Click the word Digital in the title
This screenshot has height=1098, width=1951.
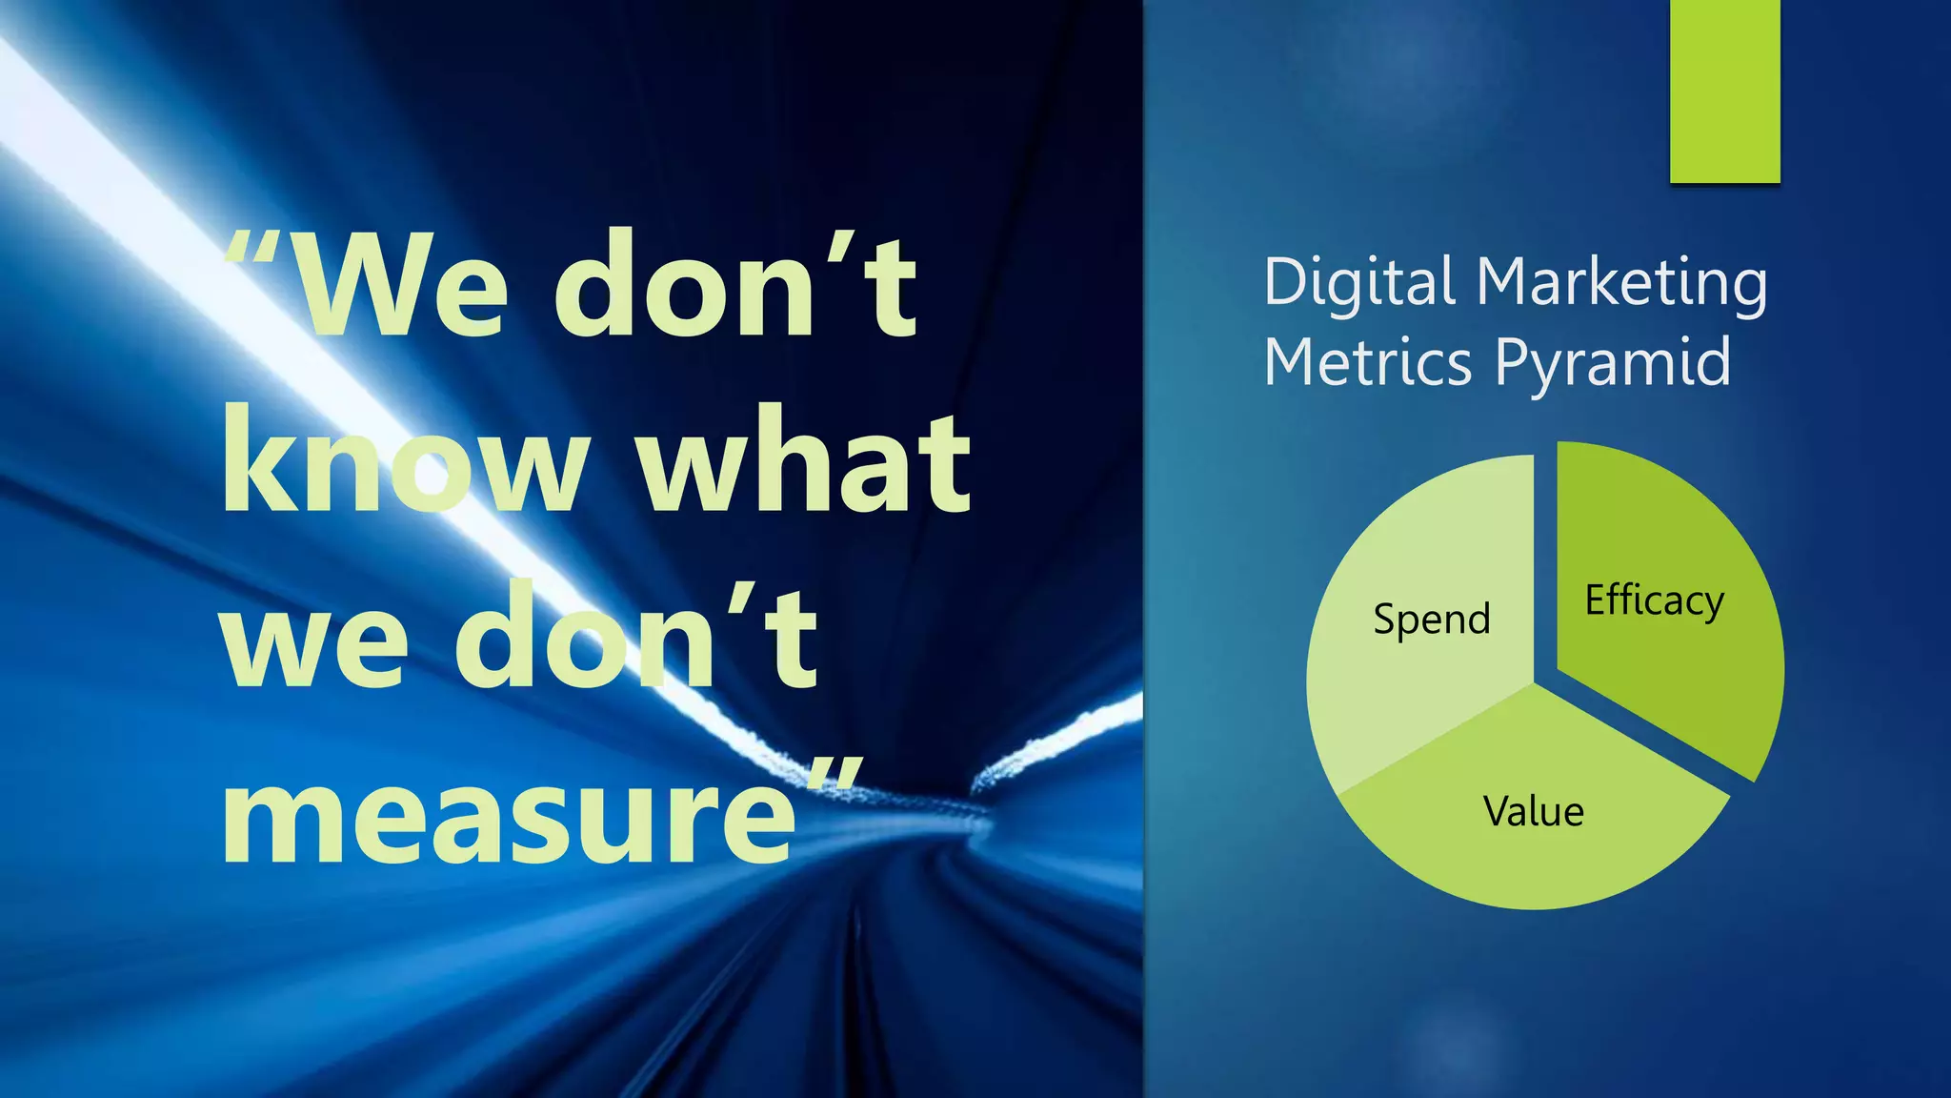coord(1359,283)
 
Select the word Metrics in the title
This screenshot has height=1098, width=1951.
coord(1368,363)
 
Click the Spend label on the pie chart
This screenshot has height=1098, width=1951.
coord(1431,620)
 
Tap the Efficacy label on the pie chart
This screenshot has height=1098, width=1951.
coord(1654,601)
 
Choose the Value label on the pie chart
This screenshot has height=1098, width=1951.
coord(1533,812)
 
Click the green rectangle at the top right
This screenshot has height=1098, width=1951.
coord(1724,91)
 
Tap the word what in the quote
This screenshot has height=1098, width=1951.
coord(803,460)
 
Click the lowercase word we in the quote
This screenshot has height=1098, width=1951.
coord(314,637)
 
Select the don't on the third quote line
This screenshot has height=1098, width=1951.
coord(634,637)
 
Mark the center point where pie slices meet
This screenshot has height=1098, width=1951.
coord(1536,682)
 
